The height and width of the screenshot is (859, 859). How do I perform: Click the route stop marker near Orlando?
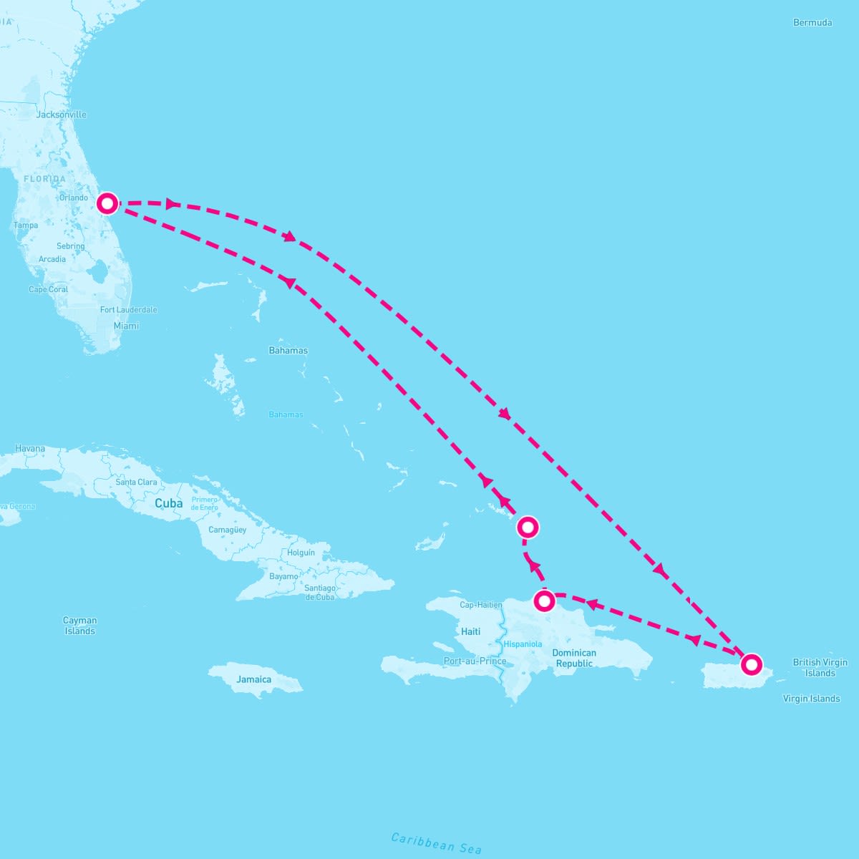107,203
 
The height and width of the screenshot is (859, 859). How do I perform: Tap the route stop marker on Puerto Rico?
751,664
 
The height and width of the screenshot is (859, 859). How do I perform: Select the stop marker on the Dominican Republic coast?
544,601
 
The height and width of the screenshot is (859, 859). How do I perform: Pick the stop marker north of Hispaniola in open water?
528,528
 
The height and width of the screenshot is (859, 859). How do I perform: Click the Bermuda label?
812,23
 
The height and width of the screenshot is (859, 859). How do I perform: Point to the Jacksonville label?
61,115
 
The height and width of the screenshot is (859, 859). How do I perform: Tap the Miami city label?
126,326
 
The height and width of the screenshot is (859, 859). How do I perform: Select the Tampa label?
26,225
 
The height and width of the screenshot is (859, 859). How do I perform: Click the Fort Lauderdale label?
129,310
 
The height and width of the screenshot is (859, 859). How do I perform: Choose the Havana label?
30,449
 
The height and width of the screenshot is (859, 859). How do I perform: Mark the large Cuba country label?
169,503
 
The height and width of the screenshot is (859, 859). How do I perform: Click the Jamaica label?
254,679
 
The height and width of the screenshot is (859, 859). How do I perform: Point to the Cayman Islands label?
79,626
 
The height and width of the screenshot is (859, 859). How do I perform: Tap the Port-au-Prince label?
475,661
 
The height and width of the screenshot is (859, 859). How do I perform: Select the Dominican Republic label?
574,658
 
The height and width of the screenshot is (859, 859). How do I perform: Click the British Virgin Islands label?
820,667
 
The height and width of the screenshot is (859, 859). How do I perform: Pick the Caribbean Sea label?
436,843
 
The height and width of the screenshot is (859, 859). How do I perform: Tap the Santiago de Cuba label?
320,592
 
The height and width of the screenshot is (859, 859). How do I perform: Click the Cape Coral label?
49,290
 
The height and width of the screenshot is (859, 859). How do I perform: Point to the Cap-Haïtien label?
480,605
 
